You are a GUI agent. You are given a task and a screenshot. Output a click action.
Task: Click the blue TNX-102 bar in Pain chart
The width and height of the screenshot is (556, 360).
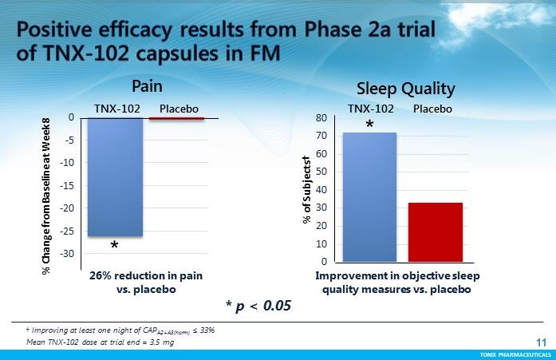(115, 176)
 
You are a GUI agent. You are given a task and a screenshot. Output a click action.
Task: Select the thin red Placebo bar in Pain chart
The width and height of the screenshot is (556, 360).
(176, 119)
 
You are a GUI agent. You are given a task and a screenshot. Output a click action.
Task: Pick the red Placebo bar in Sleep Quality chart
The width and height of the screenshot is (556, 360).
(436, 231)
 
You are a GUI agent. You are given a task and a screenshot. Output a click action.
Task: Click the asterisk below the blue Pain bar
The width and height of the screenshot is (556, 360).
(115, 247)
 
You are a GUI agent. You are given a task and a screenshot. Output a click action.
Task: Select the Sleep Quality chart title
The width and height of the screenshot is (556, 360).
(405, 89)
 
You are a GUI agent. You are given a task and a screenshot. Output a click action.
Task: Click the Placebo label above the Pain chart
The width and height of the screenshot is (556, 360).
(178, 107)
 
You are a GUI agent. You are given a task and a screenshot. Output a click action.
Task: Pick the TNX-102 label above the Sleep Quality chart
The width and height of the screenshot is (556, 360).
(370, 108)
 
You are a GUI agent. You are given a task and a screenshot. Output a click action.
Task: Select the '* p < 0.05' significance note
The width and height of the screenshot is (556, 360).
(259, 305)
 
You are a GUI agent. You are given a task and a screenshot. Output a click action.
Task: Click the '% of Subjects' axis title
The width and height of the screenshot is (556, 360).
(306, 190)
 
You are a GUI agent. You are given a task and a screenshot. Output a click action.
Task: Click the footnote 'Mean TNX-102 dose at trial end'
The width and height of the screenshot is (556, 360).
(100, 342)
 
